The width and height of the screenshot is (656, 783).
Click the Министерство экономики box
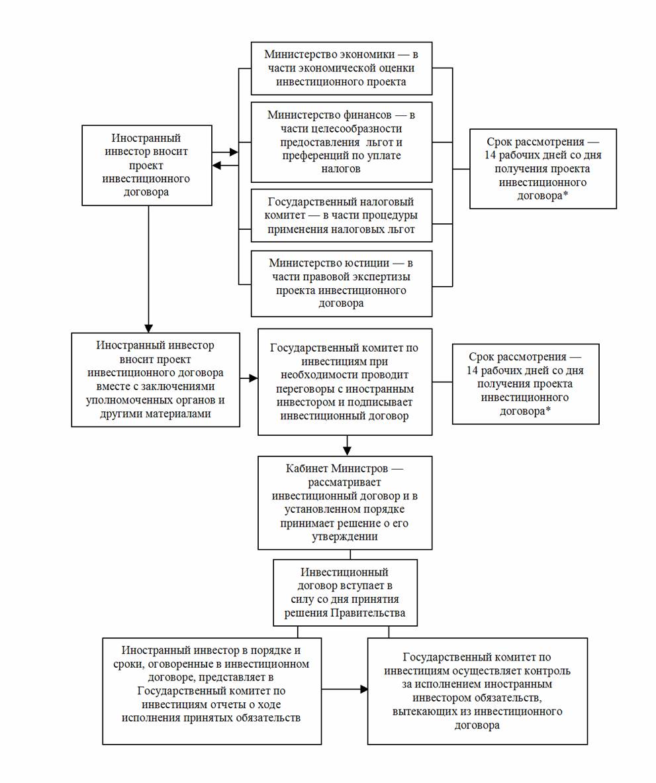point(341,68)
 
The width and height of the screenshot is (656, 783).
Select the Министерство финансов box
point(341,142)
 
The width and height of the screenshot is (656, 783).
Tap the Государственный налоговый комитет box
point(341,216)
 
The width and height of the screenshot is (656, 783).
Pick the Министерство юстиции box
point(341,284)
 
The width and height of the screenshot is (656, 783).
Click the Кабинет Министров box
point(345,503)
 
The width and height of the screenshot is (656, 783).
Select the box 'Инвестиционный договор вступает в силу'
point(345,593)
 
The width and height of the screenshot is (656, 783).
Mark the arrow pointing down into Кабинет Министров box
point(348,445)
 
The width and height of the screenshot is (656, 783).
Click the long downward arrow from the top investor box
point(148,269)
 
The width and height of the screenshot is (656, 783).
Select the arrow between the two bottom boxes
point(345,690)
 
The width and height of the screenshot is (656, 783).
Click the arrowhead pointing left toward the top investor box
point(216,166)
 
